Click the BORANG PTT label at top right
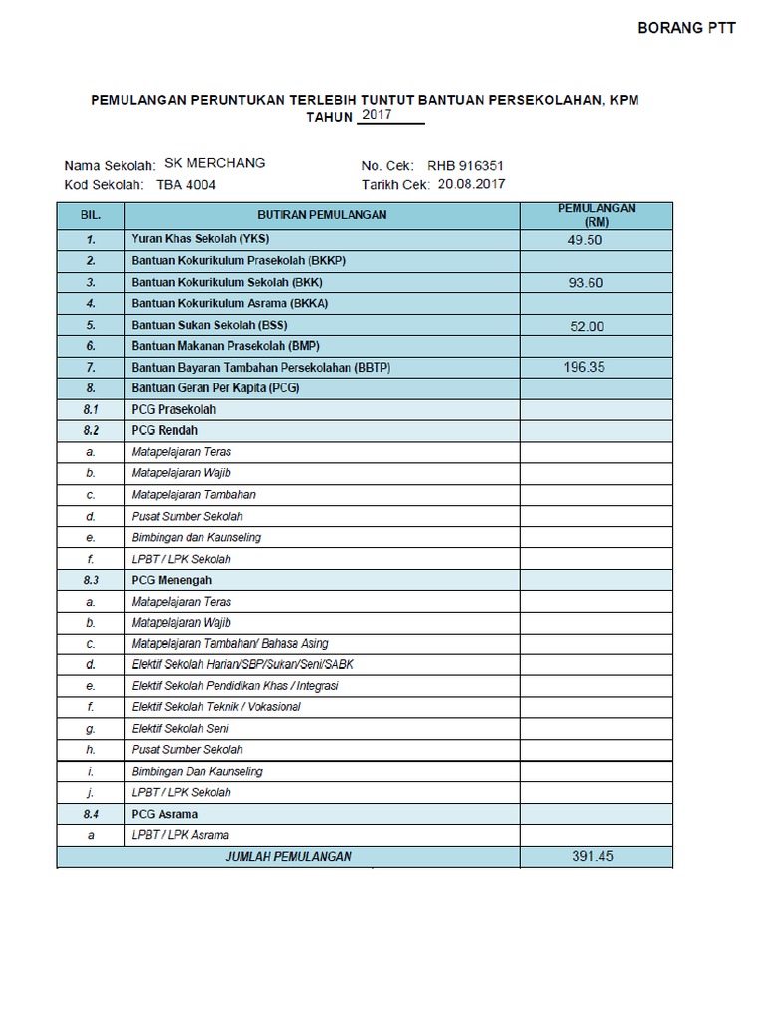pos(686,29)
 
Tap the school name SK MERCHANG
pos(214,164)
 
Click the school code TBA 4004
pos(185,184)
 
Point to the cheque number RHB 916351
pos(466,165)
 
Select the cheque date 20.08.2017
pos(470,184)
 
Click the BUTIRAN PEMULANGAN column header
pos(322,214)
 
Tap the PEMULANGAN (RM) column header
pos(597,214)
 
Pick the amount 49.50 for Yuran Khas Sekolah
pos(584,240)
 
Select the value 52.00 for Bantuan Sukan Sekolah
pos(588,326)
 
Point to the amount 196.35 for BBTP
pos(584,367)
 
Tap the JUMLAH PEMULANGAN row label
pos(289,857)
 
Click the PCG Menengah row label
pos(171,579)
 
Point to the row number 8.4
pos(91,814)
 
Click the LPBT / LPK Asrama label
pos(181,835)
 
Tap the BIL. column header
pos(91,214)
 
